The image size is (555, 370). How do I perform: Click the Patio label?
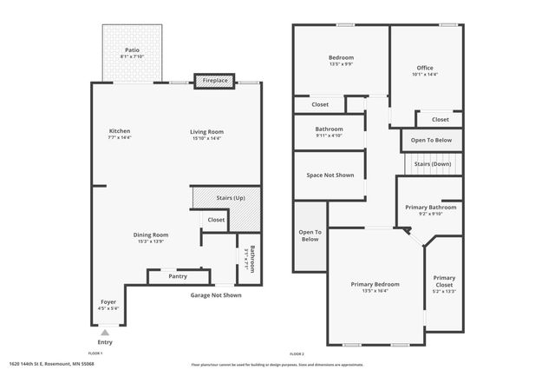click(x=132, y=50)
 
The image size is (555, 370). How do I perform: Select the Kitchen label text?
click(x=119, y=131)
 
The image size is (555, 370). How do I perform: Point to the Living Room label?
click(x=206, y=131)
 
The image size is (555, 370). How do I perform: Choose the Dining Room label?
click(x=150, y=235)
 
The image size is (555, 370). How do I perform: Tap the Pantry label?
click(x=178, y=276)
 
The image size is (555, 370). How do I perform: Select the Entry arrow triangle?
click(x=105, y=332)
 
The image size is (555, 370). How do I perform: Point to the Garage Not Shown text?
click(x=216, y=295)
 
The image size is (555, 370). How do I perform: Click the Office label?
click(x=424, y=68)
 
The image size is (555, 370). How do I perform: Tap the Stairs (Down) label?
click(x=432, y=163)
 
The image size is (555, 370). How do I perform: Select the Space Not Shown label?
click(x=330, y=175)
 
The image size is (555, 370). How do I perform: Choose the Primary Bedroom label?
click(x=375, y=284)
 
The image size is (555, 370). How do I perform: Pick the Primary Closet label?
click(x=444, y=281)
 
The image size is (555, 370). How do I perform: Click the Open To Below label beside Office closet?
click(x=431, y=140)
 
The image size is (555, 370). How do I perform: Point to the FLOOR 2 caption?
click(x=298, y=353)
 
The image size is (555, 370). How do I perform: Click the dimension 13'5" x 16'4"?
click(x=375, y=291)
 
